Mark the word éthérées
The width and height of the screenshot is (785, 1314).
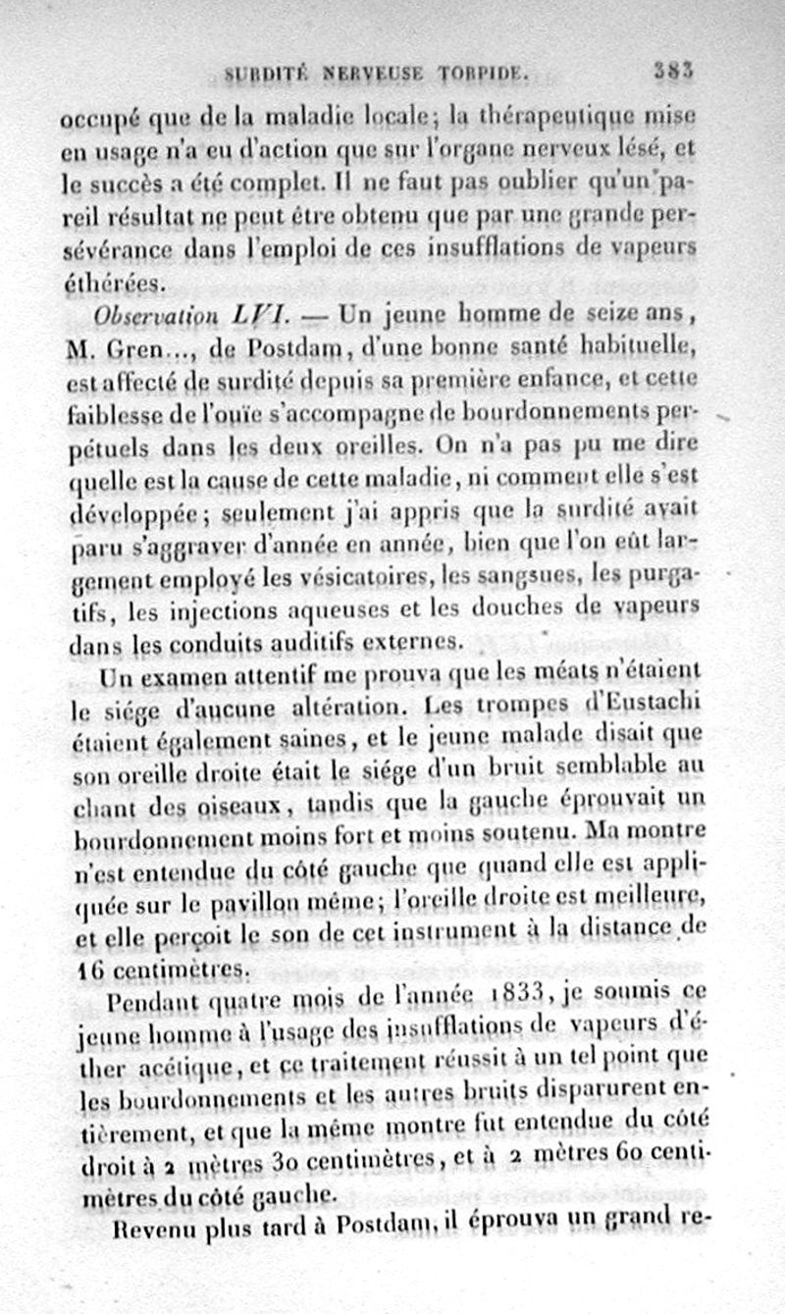(x=113, y=283)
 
